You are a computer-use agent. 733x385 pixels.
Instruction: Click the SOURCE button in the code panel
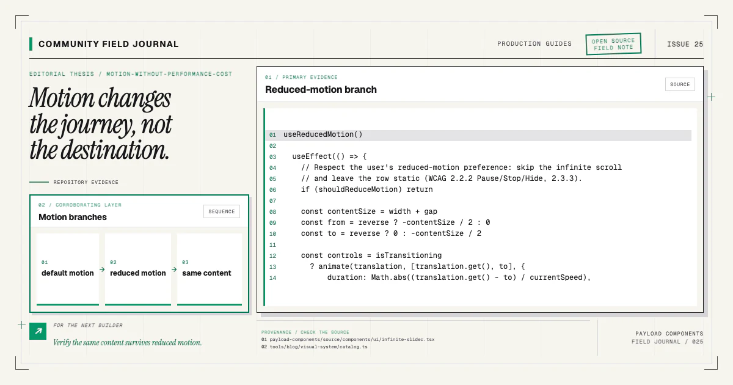tap(680, 84)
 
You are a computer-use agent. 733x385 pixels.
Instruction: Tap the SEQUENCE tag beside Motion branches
tap(222, 211)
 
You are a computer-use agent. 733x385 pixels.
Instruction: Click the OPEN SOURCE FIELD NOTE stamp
tap(613, 44)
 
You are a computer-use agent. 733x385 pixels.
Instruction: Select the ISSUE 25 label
tap(685, 44)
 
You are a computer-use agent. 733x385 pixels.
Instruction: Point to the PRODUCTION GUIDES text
tap(534, 44)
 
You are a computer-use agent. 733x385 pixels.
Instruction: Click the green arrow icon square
tap(38, 331)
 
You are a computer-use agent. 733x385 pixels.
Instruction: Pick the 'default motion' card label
tap(67, 273)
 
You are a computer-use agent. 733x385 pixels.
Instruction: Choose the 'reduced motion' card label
tap(138, 273)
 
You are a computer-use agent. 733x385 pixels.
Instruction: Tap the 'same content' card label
tap(206, 273)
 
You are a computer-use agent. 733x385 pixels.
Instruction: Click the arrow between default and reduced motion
tap(102, 269)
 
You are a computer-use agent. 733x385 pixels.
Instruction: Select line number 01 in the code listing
tap(272, 135)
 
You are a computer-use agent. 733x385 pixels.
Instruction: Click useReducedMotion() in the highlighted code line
tap(323, 134)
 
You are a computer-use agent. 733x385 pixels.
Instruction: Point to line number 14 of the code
tap(272, 278)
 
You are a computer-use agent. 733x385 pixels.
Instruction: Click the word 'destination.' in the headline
tap(115, 150)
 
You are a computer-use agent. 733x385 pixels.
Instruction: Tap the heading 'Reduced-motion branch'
tap(321, 90)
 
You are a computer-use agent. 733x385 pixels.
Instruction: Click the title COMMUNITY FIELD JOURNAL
tap(109, 44)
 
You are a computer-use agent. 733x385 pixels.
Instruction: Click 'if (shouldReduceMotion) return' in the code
tap(367, 189)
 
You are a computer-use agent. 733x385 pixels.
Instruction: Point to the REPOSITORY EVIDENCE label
tap(86, 182)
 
